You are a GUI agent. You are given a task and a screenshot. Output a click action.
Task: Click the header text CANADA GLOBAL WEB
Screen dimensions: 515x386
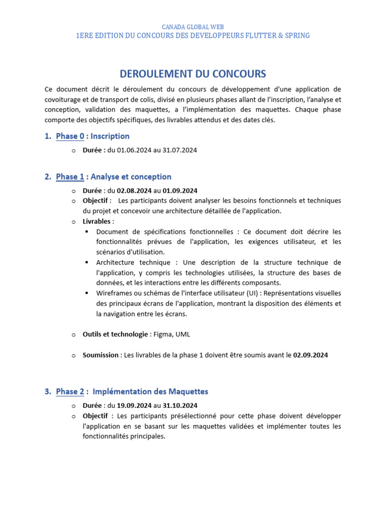[193, 27]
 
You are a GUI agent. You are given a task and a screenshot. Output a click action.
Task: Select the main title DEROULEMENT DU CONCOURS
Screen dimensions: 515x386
[193, 74]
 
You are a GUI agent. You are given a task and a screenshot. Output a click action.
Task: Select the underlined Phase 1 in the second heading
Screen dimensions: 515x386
[70, 177]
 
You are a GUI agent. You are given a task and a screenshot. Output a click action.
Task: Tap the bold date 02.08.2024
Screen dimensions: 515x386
[134, 191]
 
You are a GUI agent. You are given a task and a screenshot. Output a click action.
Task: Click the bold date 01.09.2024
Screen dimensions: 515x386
[180, 191]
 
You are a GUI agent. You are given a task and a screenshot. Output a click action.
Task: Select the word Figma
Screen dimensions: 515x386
[161, 334]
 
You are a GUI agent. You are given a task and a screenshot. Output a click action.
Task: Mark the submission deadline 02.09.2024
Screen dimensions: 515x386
[311, 355]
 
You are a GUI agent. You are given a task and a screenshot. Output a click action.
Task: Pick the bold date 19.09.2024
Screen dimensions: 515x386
[134, 405]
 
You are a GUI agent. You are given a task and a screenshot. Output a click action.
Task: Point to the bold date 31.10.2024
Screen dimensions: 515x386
[180, 405]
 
